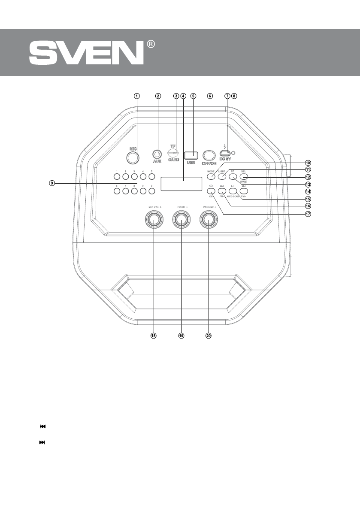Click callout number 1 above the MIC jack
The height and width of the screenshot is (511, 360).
[136, 96]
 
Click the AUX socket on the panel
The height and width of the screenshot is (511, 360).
[157, 154]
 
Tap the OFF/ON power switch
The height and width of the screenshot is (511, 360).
[209, 155]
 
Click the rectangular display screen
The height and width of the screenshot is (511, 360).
[181, 184]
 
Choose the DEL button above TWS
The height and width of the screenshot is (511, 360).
[244, 176]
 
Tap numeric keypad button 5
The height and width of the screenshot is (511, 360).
[151, 176]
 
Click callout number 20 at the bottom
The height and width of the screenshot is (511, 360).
[209, 336]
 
